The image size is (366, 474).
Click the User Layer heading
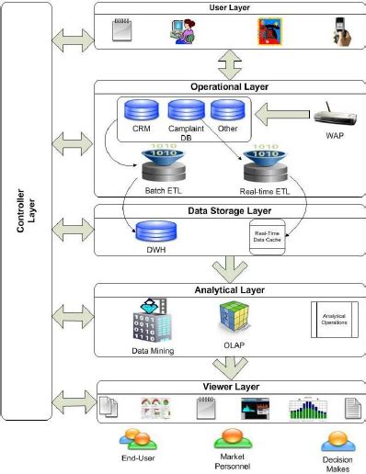pos(230,7)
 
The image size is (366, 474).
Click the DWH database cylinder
pos(147,231)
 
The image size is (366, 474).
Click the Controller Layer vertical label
pos(25,221)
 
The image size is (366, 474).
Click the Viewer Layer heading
pos(230,387)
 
